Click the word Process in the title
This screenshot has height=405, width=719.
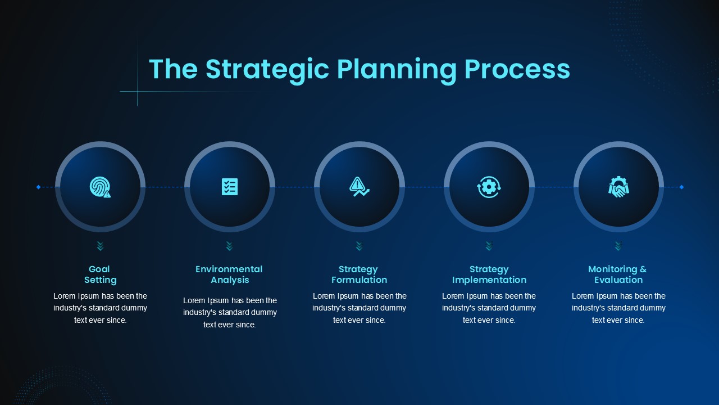517,69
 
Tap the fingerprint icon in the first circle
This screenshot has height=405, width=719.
100,187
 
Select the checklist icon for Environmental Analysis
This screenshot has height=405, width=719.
230,187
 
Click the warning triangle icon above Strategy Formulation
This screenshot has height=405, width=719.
359,186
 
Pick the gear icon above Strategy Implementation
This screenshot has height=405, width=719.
489,187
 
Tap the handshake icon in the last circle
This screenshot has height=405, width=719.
618,187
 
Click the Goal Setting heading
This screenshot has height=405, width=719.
100,274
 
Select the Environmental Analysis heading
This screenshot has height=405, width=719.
229,274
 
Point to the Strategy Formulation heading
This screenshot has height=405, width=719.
359,274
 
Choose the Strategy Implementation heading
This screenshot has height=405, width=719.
489,274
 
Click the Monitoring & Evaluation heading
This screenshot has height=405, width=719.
618,274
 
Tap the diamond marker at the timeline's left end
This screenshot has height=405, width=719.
39,187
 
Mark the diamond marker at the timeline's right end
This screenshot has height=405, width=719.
681,187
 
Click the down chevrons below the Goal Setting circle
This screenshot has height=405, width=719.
100,246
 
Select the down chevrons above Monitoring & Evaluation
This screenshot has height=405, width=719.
618,246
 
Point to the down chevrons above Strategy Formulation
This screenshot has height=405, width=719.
359,246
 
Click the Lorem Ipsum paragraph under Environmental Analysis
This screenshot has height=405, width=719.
230,312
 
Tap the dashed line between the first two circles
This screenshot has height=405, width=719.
165,187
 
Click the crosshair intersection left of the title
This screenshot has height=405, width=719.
138,92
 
